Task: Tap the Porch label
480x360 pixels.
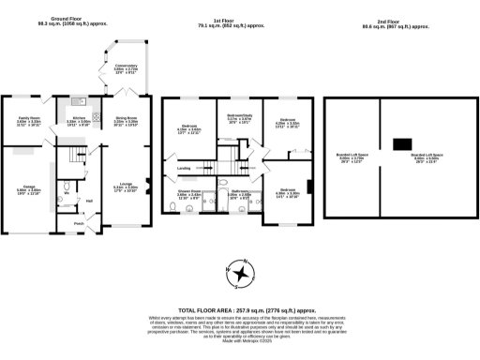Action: pos(79,223)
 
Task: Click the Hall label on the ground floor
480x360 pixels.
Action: pos(89,201)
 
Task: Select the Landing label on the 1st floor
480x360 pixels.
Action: pos(184,169)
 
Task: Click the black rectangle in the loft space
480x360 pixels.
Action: pos(401,143)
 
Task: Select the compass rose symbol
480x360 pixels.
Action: pos(241,273)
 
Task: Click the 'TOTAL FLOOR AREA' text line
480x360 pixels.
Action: pos(240,308)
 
